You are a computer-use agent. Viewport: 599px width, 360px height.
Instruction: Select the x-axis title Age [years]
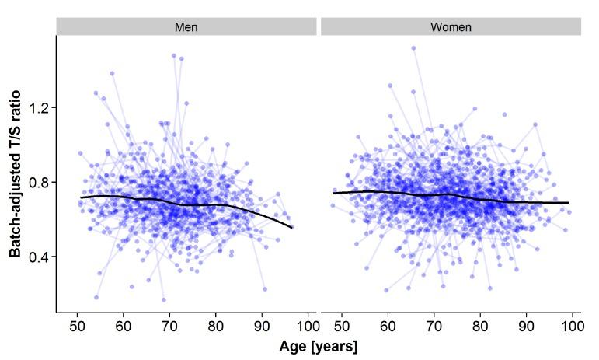pyautogui.click(x=319, y=346)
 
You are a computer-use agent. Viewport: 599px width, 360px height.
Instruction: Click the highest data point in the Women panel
pyautogui.click(x=413, y=47)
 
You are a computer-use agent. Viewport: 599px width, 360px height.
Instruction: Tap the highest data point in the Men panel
pyautogui.click(x=174, y=55)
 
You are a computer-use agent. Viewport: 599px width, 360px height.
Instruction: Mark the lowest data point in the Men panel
pyautogui.click(x=163, y=299)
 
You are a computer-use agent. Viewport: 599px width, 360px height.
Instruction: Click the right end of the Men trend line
pyautogui.click(x=291, y=228)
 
